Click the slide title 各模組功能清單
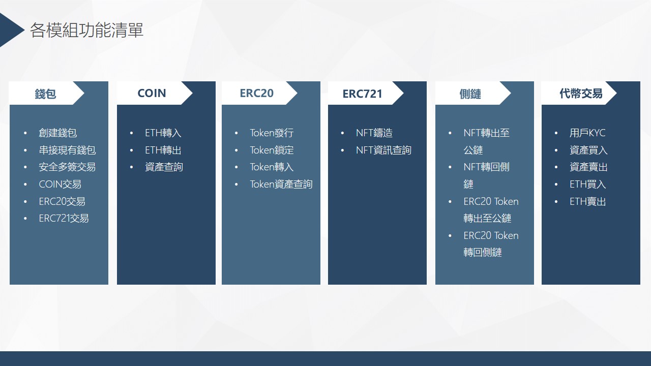86,30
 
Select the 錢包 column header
45,94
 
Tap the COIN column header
152,93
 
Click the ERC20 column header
257,93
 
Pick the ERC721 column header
363,94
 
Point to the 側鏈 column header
470,94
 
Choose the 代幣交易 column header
581,94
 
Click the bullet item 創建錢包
58,133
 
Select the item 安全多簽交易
67,167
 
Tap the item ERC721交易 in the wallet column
64,218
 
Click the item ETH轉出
163,150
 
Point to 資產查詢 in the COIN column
164,167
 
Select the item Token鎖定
272,150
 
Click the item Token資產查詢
281,184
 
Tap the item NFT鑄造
374,133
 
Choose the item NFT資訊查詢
383,150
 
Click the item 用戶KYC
587,133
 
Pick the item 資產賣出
588,167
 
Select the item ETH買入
588,184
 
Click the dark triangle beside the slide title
10,29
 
